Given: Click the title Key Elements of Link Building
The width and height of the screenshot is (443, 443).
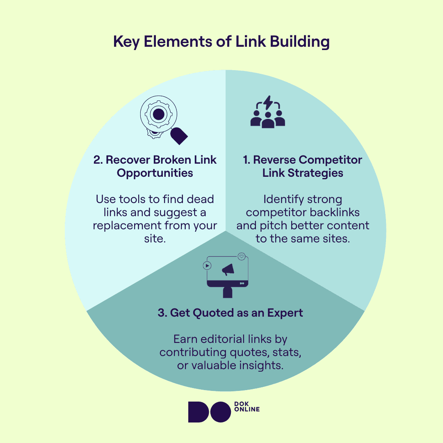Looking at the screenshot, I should click(221, 42).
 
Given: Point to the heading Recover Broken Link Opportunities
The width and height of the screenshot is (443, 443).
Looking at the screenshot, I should click(155, 166).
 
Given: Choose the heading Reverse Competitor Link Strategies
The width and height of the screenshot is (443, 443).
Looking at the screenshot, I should click(303, 166).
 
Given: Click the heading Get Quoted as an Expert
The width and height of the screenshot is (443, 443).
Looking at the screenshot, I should click(230, 313).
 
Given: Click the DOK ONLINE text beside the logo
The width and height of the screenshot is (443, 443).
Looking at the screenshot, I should click(247, 406).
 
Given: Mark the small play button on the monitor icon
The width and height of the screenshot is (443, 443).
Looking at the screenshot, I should click(207, 265).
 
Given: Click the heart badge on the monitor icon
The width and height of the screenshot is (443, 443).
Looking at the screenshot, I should click(242, 257).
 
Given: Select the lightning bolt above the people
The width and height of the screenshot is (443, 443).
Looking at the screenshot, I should click(268, 103).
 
